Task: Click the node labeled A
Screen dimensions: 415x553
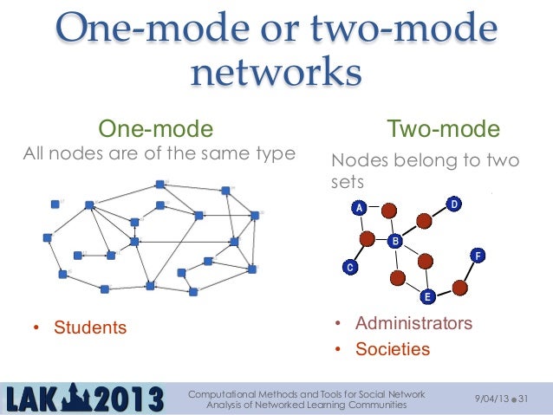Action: point(357,208)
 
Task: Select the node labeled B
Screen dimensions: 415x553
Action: point(394,241)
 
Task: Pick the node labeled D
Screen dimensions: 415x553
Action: point(453,204)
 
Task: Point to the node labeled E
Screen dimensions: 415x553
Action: point(426,297)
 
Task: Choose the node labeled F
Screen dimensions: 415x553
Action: point(478,256)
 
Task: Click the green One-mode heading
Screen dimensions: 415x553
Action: point(156,130)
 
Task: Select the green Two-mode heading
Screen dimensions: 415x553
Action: point(443,130)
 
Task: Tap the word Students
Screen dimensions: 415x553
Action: point(90,327)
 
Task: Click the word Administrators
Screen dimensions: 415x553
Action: point(413,323)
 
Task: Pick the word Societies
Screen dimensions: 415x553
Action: point(392,349)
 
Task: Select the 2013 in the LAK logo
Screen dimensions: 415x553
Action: point(127,399)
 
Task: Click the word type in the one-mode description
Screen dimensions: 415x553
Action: point(276,155)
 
